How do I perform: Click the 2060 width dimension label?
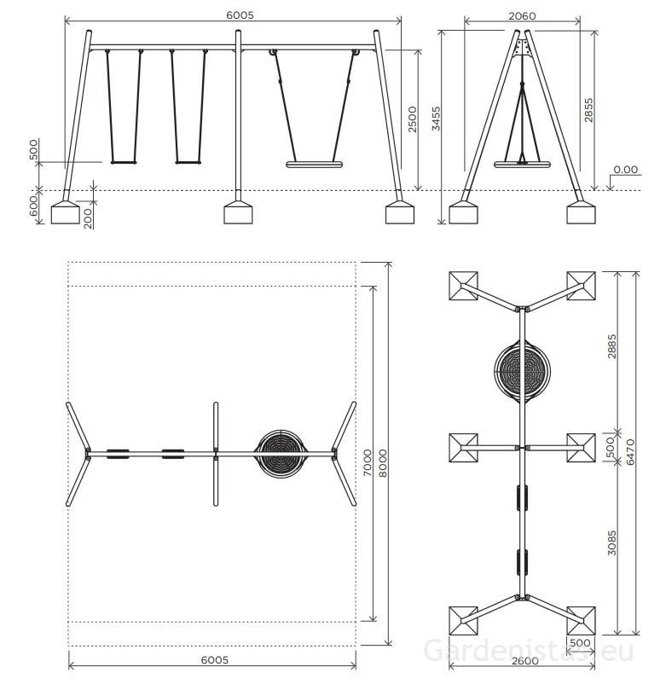(522, 16)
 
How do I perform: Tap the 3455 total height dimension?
(436, 119)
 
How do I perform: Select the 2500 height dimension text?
(412, 119)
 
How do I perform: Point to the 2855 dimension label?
(588, 111)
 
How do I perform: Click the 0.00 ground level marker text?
(626, 170)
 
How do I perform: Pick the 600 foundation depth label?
(34, 206)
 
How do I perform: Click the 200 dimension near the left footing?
(88, 218)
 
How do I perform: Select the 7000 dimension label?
(368, 462)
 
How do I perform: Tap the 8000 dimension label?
(383, 463)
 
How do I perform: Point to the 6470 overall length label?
(630, 452)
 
